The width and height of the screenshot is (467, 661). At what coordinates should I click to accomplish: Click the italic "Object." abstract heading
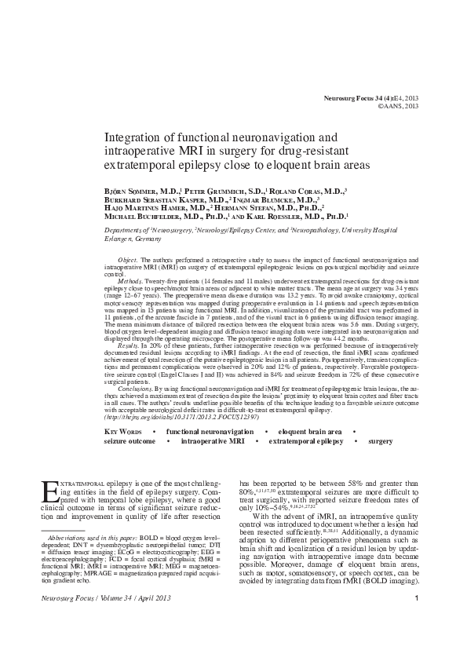[128, 258]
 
